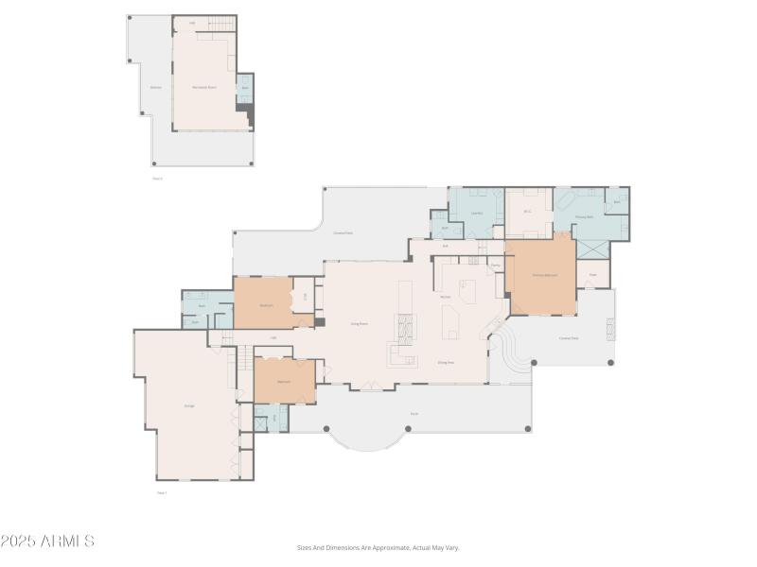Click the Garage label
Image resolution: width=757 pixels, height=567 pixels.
(189, 405)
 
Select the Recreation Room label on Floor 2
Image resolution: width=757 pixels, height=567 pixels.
(204, 87)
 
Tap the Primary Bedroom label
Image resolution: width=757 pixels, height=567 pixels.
(544, 275)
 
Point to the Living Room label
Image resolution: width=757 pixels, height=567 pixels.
(360, 323)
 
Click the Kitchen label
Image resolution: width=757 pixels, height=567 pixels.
(445, 297)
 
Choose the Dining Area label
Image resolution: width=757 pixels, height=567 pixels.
(446, 362)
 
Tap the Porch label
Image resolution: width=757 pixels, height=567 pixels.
(414, 413)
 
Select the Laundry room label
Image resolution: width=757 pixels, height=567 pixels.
(478, 214)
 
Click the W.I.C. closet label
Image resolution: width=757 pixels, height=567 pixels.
(528, 213)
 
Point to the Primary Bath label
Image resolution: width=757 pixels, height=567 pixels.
(584, 216)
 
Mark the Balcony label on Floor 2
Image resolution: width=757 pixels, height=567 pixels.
(155, 87)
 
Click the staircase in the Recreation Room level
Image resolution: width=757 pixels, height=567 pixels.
(221, 24)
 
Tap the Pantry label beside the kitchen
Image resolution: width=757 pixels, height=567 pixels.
(495, 266)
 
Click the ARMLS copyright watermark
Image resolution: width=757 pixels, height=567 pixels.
(47, 541)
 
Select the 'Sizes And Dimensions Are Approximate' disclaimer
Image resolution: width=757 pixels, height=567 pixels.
(378, 547)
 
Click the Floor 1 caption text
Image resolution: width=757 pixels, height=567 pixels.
(161, 492)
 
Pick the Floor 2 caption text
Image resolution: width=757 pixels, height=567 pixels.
(157, 178)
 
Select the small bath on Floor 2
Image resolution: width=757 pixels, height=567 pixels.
(244, 88)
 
